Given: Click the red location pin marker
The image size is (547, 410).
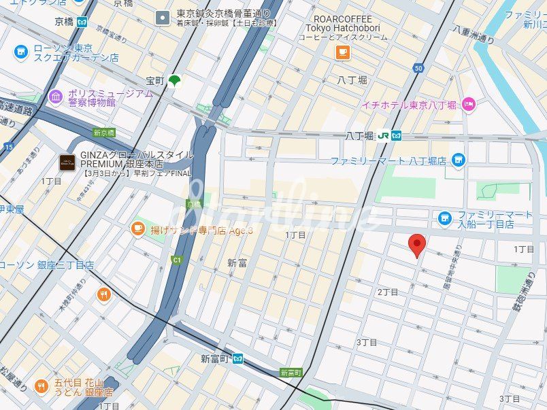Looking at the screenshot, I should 416,245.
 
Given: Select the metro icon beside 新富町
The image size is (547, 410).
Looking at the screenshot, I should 237,359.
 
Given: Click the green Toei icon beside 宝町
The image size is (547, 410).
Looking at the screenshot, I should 175,81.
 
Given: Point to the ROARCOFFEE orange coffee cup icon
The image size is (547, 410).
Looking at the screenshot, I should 342,52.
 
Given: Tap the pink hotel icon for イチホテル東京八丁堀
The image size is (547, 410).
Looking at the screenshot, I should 468,104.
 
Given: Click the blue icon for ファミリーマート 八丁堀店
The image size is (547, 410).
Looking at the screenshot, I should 459,160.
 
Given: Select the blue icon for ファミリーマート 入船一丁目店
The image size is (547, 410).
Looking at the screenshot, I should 445,218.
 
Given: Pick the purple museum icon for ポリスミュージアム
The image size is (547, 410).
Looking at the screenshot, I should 56,98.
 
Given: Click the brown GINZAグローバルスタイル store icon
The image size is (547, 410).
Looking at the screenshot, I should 67,163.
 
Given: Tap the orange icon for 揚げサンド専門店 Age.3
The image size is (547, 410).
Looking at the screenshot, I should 137,229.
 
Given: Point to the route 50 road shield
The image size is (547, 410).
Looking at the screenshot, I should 417,68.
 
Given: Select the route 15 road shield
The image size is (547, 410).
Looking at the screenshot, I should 7,146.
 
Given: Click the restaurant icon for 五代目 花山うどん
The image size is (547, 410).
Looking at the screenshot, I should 41,386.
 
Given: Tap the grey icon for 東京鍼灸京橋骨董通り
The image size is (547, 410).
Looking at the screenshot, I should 163,18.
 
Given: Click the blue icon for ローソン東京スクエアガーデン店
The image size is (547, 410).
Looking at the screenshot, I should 20,52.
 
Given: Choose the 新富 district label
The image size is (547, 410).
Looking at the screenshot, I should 237,262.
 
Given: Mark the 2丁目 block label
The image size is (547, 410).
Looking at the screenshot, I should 387,292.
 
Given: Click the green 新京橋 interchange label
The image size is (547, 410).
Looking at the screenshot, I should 104,133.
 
